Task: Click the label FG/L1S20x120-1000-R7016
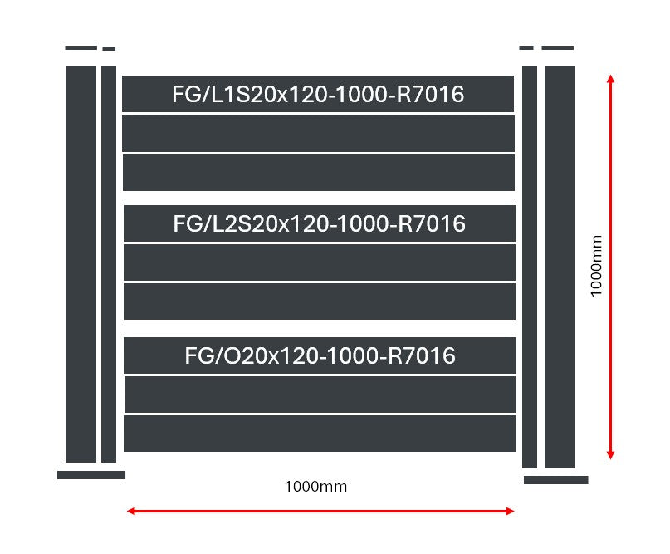pos(318,95)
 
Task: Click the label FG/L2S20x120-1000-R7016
pos(319,224)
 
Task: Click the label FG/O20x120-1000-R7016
pos(320,356)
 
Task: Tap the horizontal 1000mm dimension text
pos(315,487)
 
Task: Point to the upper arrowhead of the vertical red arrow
pos(610,80)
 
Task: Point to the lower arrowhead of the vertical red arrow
pos(610,453)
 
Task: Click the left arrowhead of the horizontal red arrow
pos(131,511)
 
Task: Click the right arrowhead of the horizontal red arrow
pos(511,511)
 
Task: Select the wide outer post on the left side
pos(81,264)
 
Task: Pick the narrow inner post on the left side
pos(109,264)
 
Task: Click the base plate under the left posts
pos(91,475)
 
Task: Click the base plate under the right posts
pos(556,480)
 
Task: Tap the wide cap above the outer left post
pos(81,48)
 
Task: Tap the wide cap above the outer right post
pos(558,48)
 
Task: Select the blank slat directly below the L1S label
pos(319,134)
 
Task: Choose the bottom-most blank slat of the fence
pos(320,434)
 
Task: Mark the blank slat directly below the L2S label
pos(320,262)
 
